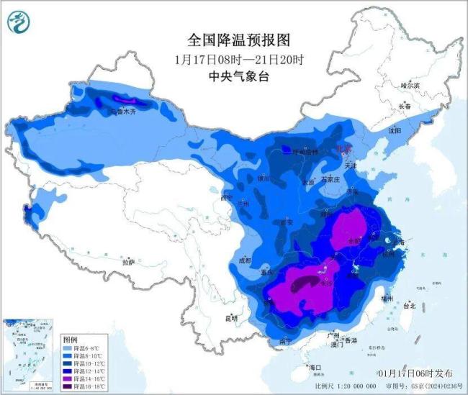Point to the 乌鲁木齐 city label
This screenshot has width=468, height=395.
click(122, 112)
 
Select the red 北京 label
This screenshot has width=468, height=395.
click(343, 149)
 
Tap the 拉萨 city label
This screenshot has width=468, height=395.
click(128, 262)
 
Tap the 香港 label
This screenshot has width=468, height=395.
click(351, 340)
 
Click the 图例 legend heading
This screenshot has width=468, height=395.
click(70, 338)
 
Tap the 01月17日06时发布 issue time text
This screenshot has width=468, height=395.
click(415, 374)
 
